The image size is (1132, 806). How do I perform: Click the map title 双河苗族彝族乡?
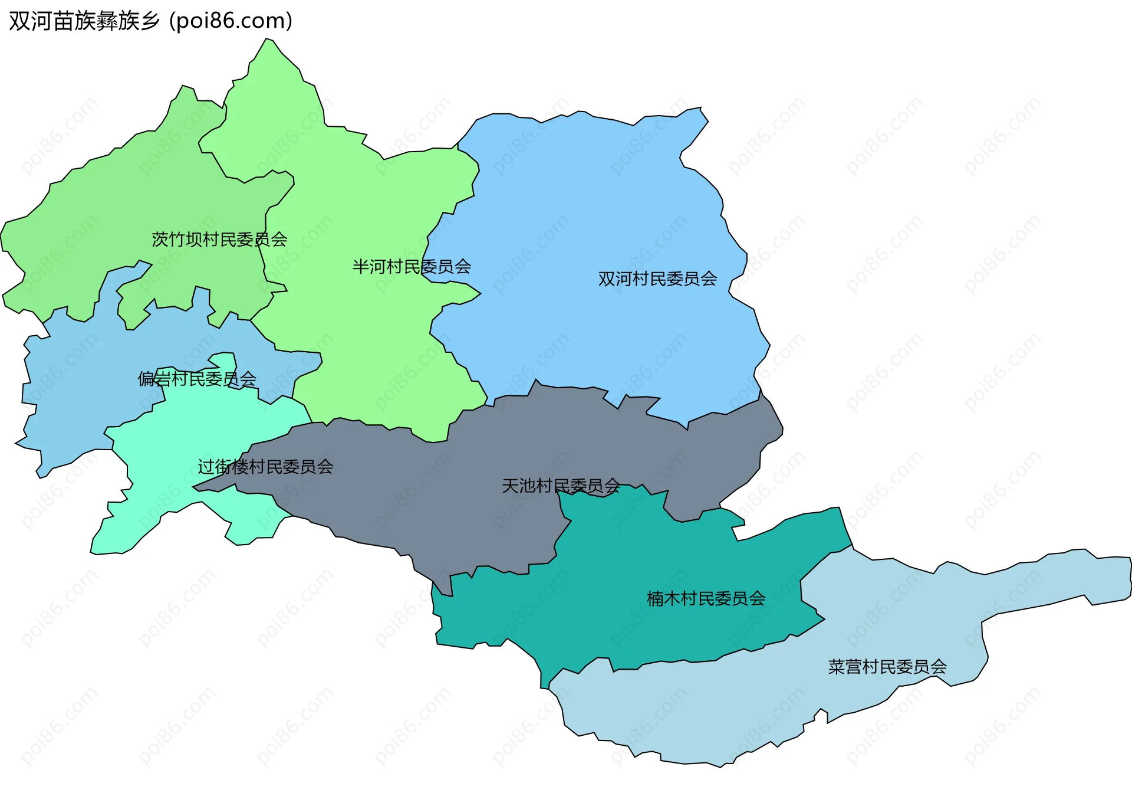84,21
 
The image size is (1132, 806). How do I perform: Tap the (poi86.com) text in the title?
231,21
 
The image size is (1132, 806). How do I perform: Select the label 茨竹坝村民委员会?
219,239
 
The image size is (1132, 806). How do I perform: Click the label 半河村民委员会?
412,267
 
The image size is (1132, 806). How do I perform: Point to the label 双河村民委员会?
657,279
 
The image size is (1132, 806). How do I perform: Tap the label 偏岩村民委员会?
197,379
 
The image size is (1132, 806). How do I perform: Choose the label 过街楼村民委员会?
265,467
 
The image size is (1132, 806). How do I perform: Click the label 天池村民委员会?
561,486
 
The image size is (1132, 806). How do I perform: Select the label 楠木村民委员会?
706,598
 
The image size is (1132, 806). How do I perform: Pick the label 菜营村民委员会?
887,667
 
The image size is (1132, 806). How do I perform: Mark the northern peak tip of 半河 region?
268,40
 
